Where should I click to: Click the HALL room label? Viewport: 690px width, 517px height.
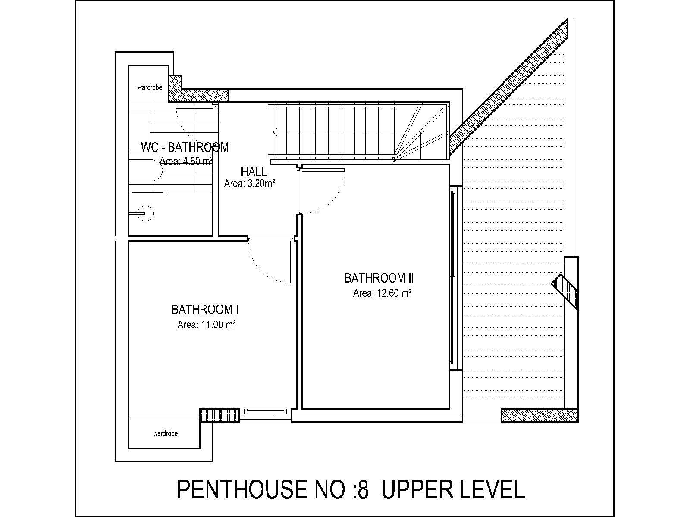tap(254, 172)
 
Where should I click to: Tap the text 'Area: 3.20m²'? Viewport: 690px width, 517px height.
tap(249, 184)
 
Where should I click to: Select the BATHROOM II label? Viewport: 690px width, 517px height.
tap(379, 278)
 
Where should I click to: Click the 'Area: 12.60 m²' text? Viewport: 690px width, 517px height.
tap(382, 293)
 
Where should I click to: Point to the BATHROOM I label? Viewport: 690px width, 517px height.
tap(205, 310)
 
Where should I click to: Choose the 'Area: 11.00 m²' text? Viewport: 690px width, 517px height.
tap(207, 324)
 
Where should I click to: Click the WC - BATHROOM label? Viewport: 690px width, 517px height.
tap(185, 147)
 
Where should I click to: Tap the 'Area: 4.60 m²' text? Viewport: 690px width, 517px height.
tap(186, 161)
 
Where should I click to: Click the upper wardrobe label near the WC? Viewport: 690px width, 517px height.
tap(150, 87)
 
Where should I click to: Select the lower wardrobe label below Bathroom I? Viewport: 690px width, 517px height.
tap(165, 433)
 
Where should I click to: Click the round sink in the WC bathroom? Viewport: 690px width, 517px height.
tap(145, 213)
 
